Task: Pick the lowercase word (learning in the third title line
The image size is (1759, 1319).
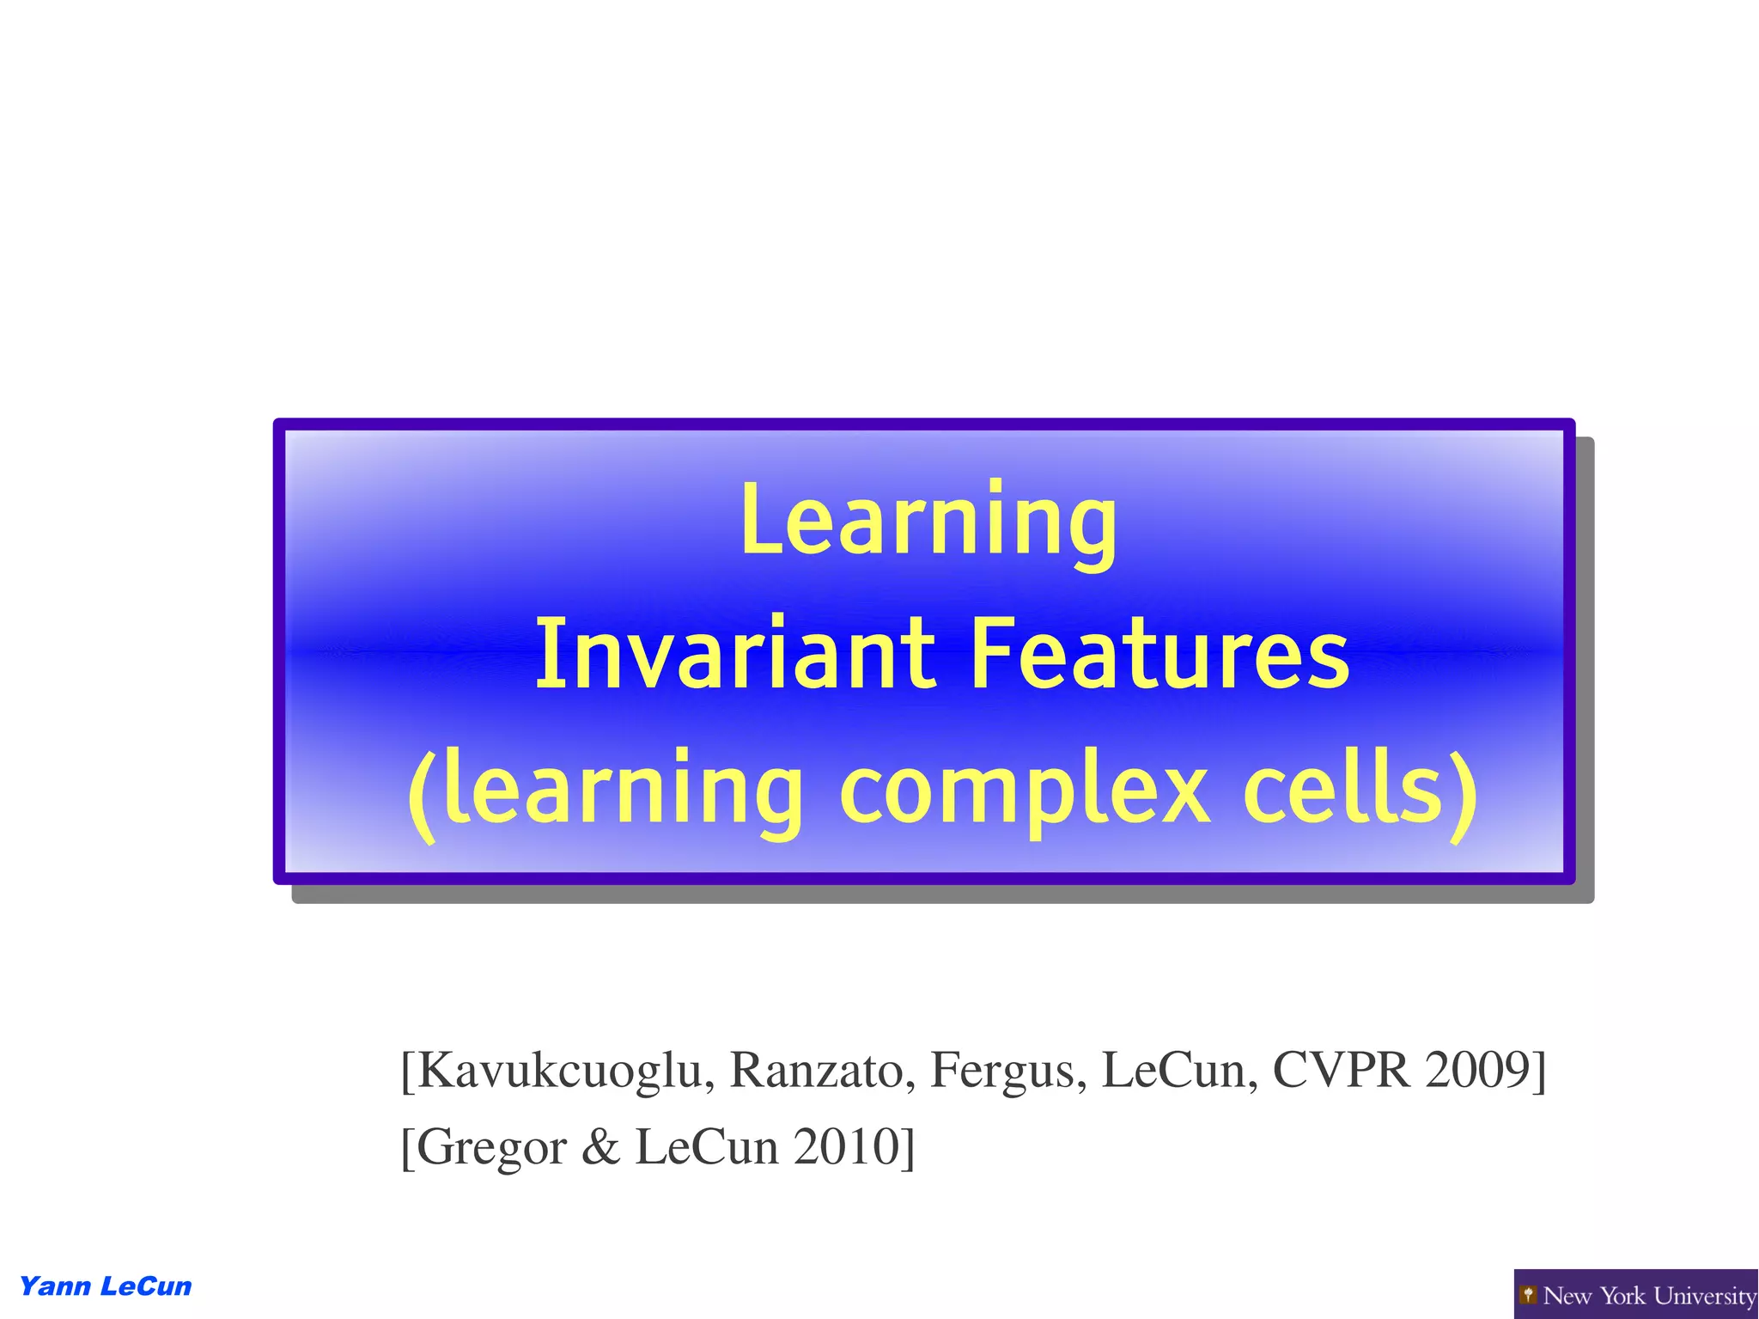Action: (x=606, y=789)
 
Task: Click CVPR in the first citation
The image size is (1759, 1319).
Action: (x=1341, y=1071)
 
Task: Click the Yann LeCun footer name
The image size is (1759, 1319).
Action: (x=105, y=1286)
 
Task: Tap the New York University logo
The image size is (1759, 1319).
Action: (x=1635, y=1295)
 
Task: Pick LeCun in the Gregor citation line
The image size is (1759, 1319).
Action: (x=707, y=1147)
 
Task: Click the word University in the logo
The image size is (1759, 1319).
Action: (x=1705, y=1296)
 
